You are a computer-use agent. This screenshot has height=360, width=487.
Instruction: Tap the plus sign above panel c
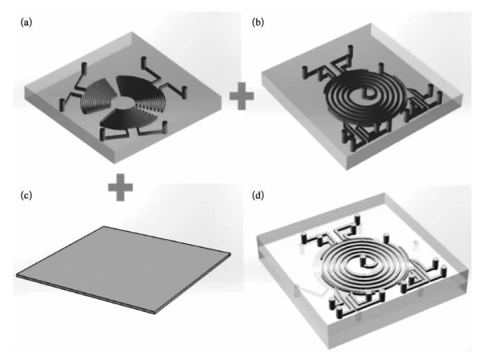[119, 186]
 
